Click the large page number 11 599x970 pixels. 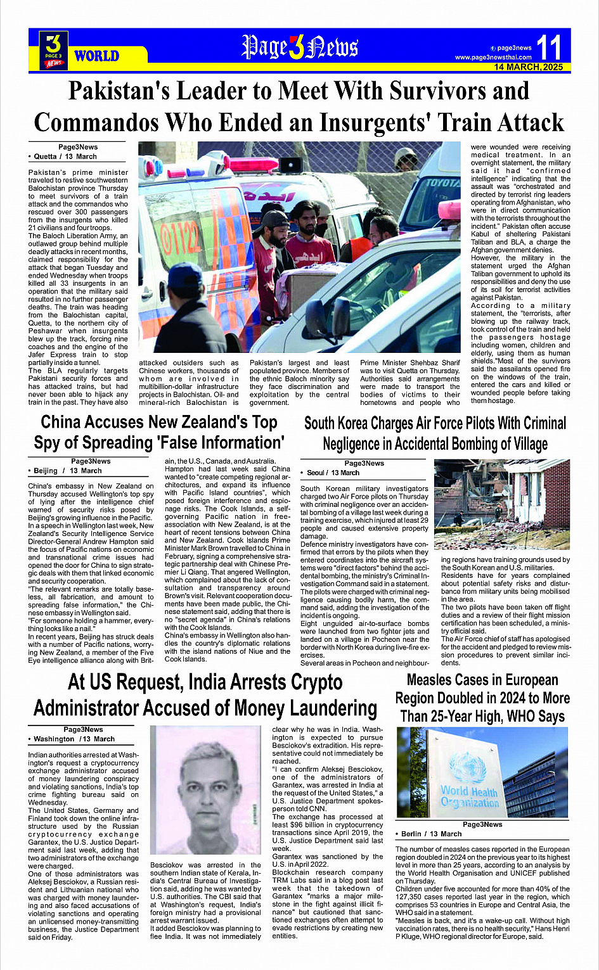pos(549,48)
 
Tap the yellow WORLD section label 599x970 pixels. pos(96,56)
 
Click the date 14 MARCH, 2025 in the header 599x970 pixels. pos(529,67)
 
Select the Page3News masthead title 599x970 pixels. pos(299,48)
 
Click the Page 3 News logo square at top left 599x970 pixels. pos(54,50)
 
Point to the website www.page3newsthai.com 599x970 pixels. pos(493,58)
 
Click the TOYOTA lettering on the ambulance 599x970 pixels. pos(442,183)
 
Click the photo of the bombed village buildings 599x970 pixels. pos(502,504)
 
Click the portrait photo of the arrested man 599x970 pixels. pos(205,790)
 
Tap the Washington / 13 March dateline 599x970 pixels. pos(74,739)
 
